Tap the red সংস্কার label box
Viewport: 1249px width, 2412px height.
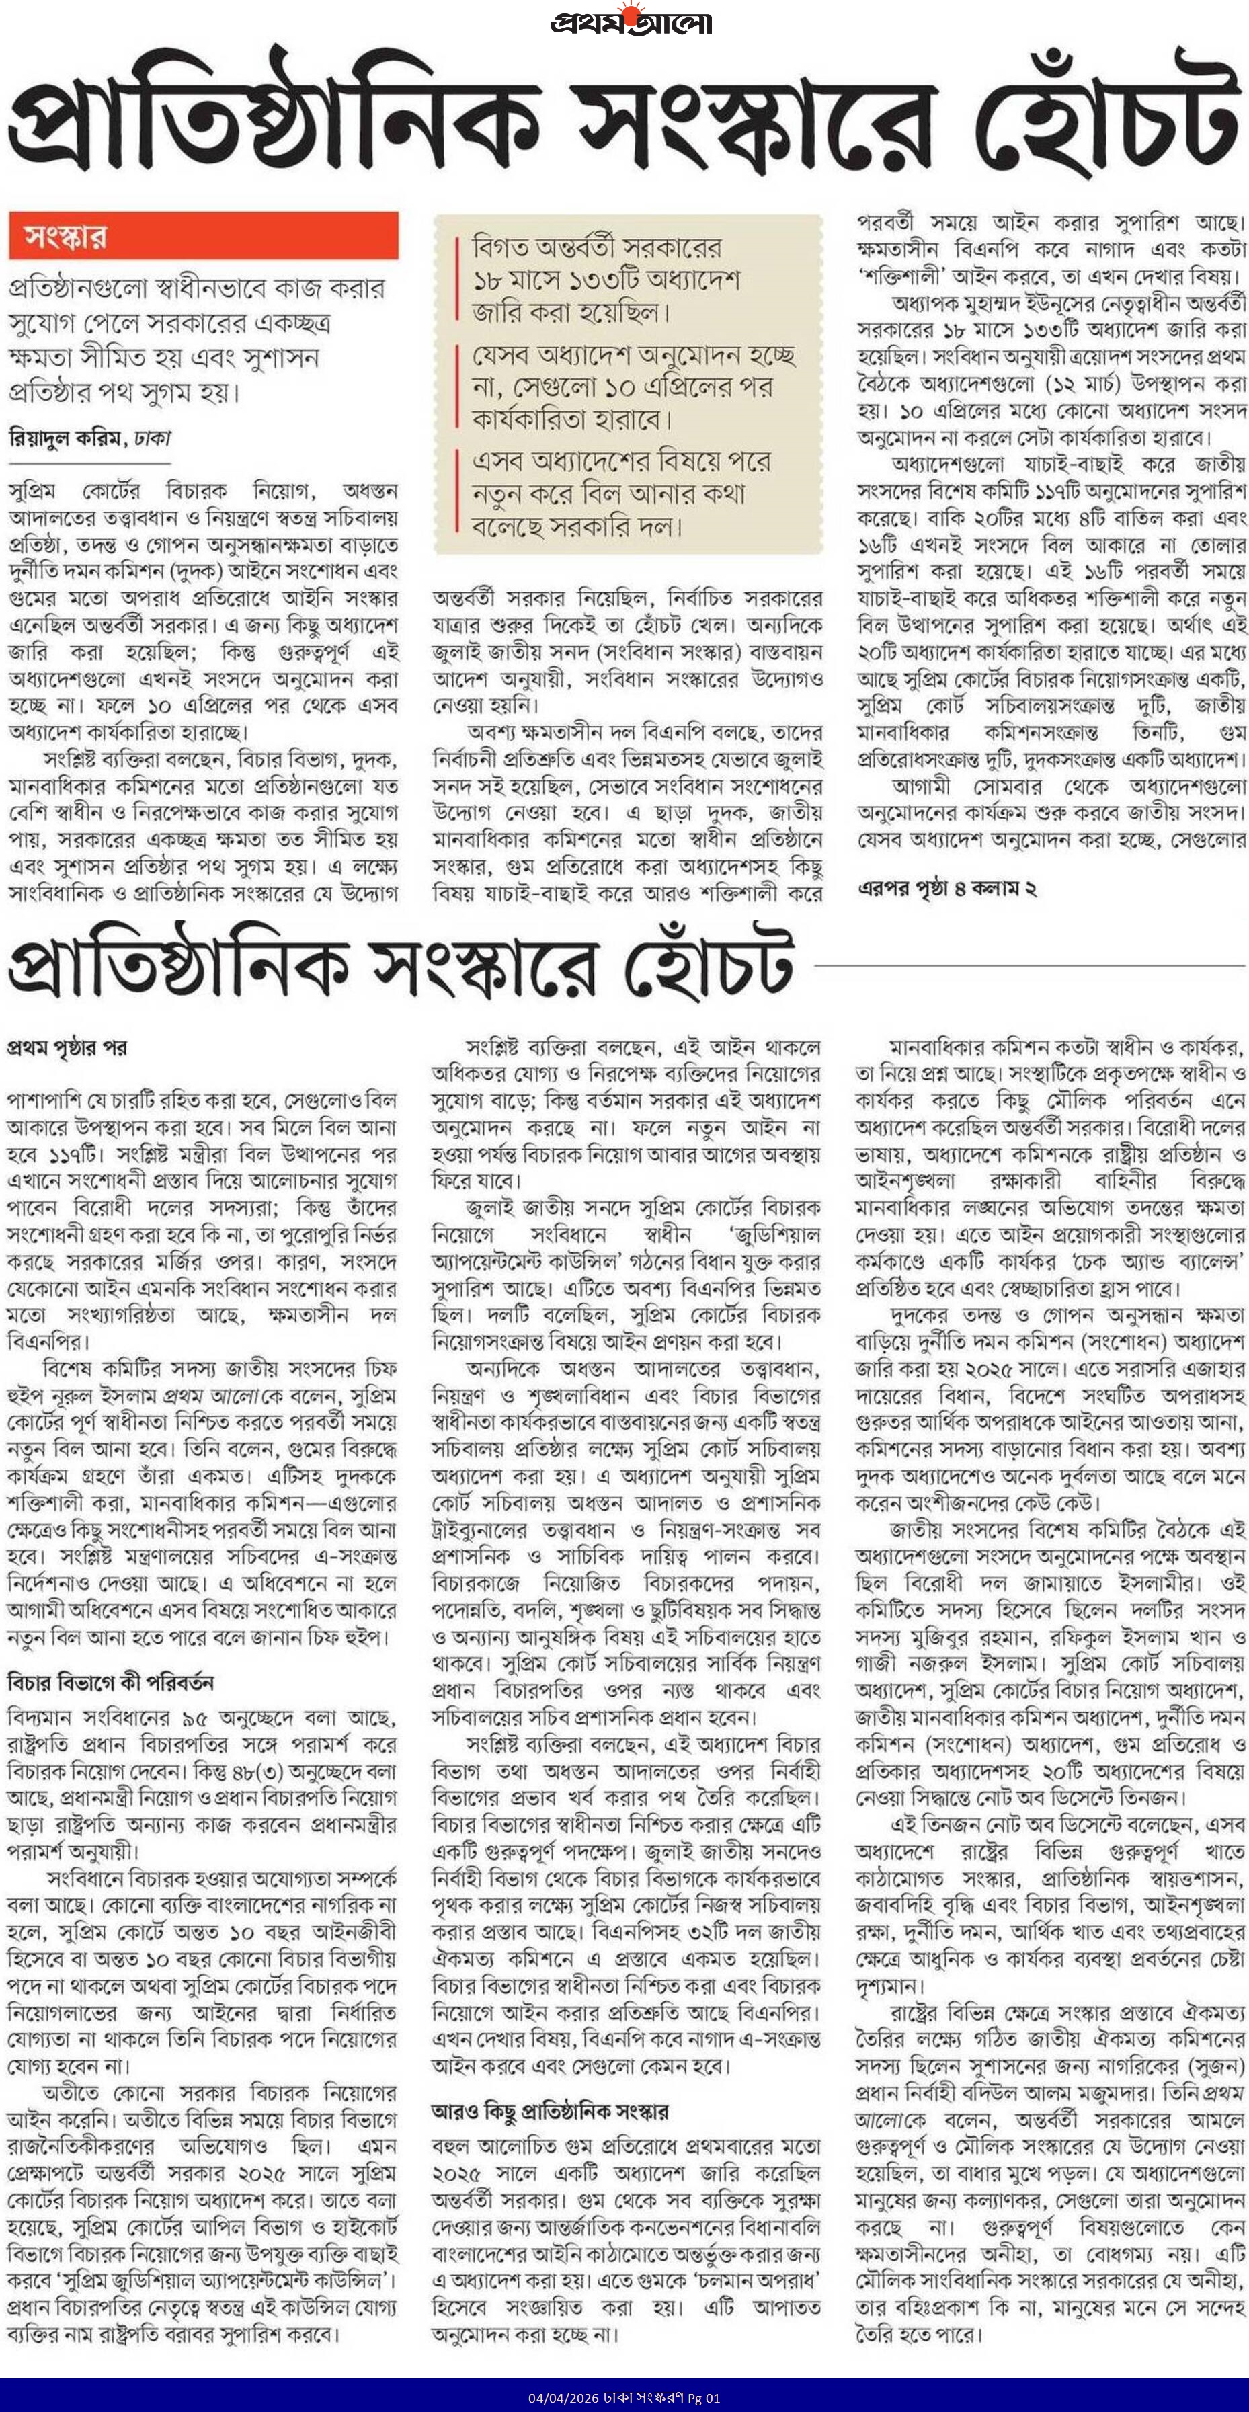pos(203,236)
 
